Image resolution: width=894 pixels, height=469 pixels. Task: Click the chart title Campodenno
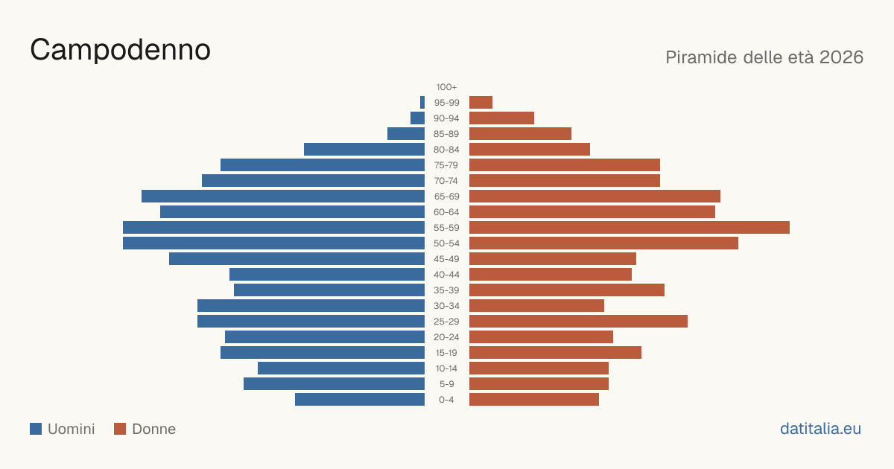click(x=120, y=50)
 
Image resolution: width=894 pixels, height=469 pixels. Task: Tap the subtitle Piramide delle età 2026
click(x=764, y=57)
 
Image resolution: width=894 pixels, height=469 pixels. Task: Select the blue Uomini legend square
click(x=36, y=429)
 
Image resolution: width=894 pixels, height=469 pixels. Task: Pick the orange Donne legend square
click(x=120, y=429)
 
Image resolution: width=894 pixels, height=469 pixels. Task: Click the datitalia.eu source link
click(x=820, y=429)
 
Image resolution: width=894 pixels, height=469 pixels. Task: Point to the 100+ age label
click(x=446, y=87)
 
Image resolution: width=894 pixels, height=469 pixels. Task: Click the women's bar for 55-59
click(x=630, y=227)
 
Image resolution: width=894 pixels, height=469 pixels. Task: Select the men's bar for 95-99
click(x=422, y=103)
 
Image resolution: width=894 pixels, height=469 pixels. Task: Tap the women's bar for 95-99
click(x=481, y=103)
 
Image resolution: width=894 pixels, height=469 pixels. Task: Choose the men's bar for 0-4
click(x=360, y=400)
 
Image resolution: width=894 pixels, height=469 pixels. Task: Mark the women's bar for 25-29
click(x=578, y=322)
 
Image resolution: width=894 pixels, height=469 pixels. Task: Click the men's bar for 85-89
click(x=406, y=133)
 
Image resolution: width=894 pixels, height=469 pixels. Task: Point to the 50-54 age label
click(x=446, y=243)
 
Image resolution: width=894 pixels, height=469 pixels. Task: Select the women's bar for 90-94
click(x=501, y=118)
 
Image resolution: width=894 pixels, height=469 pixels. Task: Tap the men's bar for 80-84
click(x=364, y=149)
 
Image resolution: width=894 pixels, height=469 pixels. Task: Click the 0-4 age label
click(x=446, y=400)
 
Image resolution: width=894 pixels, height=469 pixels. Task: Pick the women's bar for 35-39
click(x=567, y=290)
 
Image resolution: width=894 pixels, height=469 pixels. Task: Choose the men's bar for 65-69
click(x=283, y=197)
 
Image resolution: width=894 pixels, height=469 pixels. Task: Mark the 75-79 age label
click(x=446, y=165)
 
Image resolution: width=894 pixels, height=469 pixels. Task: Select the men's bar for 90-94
click(x=417, y=118)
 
